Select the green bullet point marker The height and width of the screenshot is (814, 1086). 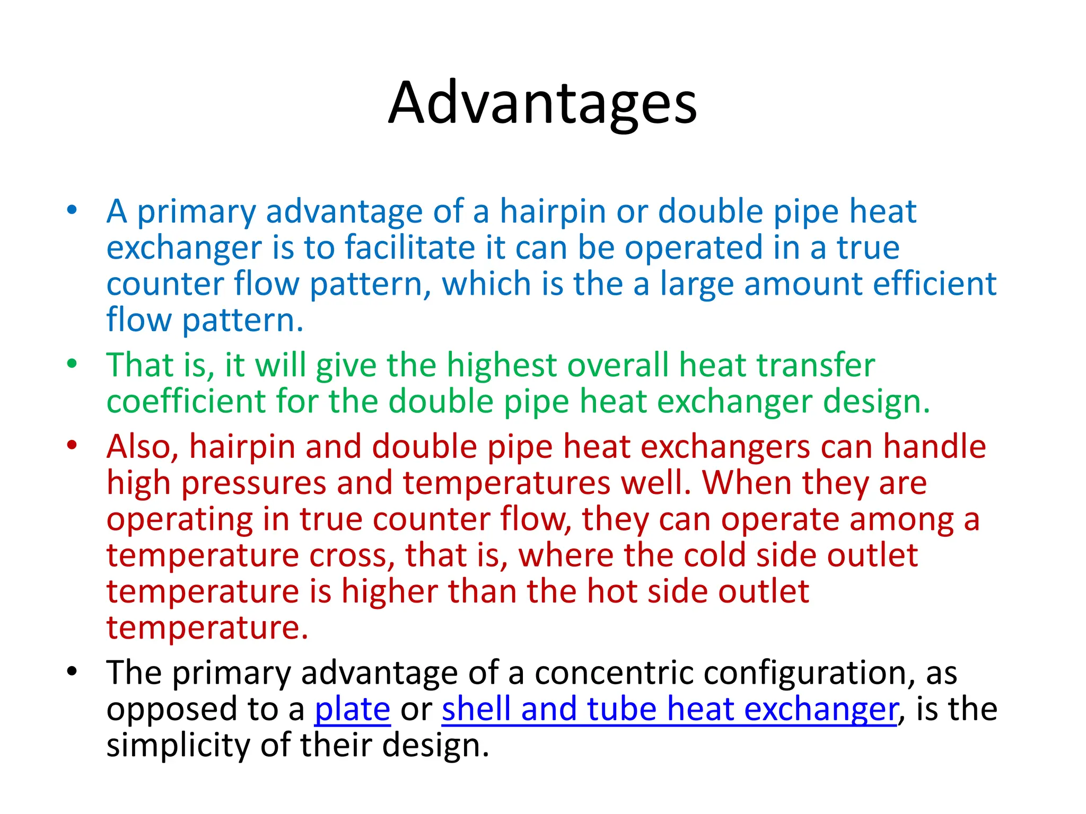coord(72,364)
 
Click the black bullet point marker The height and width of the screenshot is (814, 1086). coord(72,671)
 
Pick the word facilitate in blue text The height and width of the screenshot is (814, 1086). coord(409,247)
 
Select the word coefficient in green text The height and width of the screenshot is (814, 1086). coord(186,401)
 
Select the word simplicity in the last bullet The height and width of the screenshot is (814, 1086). coord(178,745)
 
